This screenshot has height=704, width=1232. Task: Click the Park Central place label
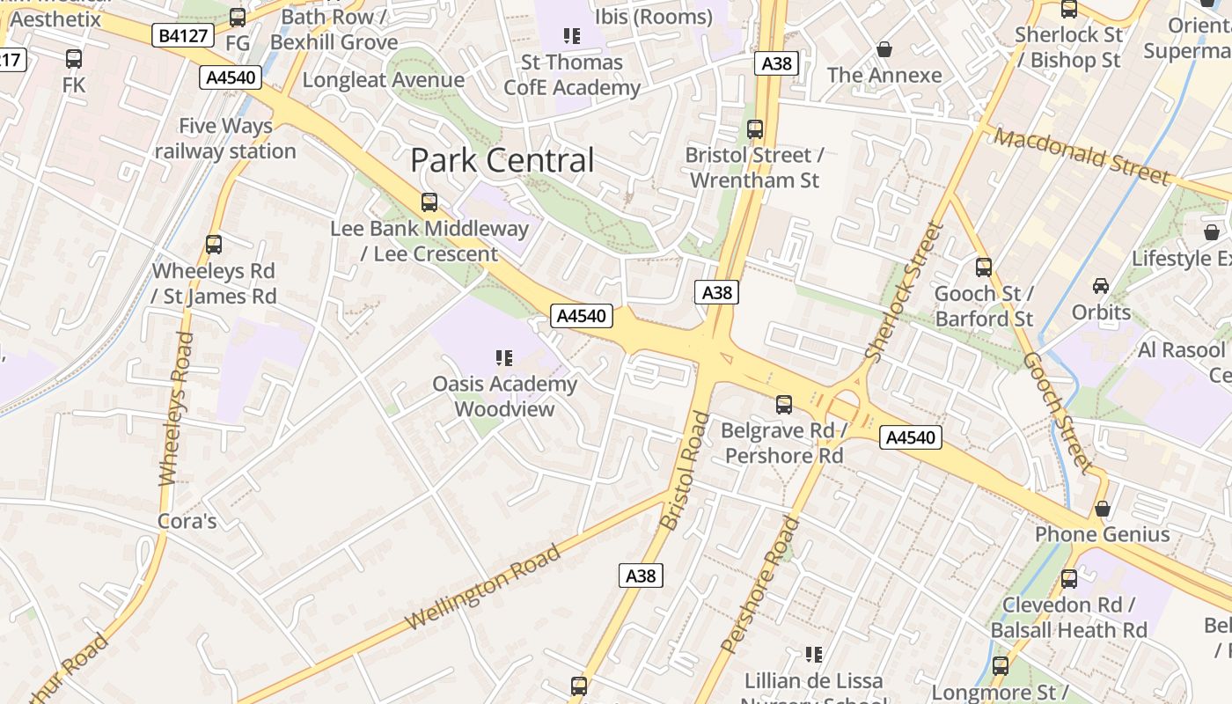click(502, 160)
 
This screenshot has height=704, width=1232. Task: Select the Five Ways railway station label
click(225, 138)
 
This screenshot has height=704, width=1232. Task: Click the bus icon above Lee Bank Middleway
click(429, 202)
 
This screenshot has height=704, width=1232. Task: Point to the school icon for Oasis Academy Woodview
click(504, 357)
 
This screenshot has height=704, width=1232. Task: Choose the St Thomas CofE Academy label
click(572, 75)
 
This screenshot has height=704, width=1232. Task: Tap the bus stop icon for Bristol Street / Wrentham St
click(754, 129)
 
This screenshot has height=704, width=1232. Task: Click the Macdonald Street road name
click(1083, 156)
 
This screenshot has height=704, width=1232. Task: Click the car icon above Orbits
click(1101, 285)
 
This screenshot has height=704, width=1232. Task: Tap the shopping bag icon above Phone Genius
click(1103, 509)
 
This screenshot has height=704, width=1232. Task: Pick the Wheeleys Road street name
click(175, 408)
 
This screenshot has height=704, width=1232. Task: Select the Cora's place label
click(187, 521)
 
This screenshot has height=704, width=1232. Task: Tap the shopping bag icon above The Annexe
click(884, 49)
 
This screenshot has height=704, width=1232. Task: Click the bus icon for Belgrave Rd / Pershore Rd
click(784, 405)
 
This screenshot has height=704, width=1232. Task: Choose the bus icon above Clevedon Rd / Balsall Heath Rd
click(1069, 579)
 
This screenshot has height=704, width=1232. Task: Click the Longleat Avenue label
click(383, 80)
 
